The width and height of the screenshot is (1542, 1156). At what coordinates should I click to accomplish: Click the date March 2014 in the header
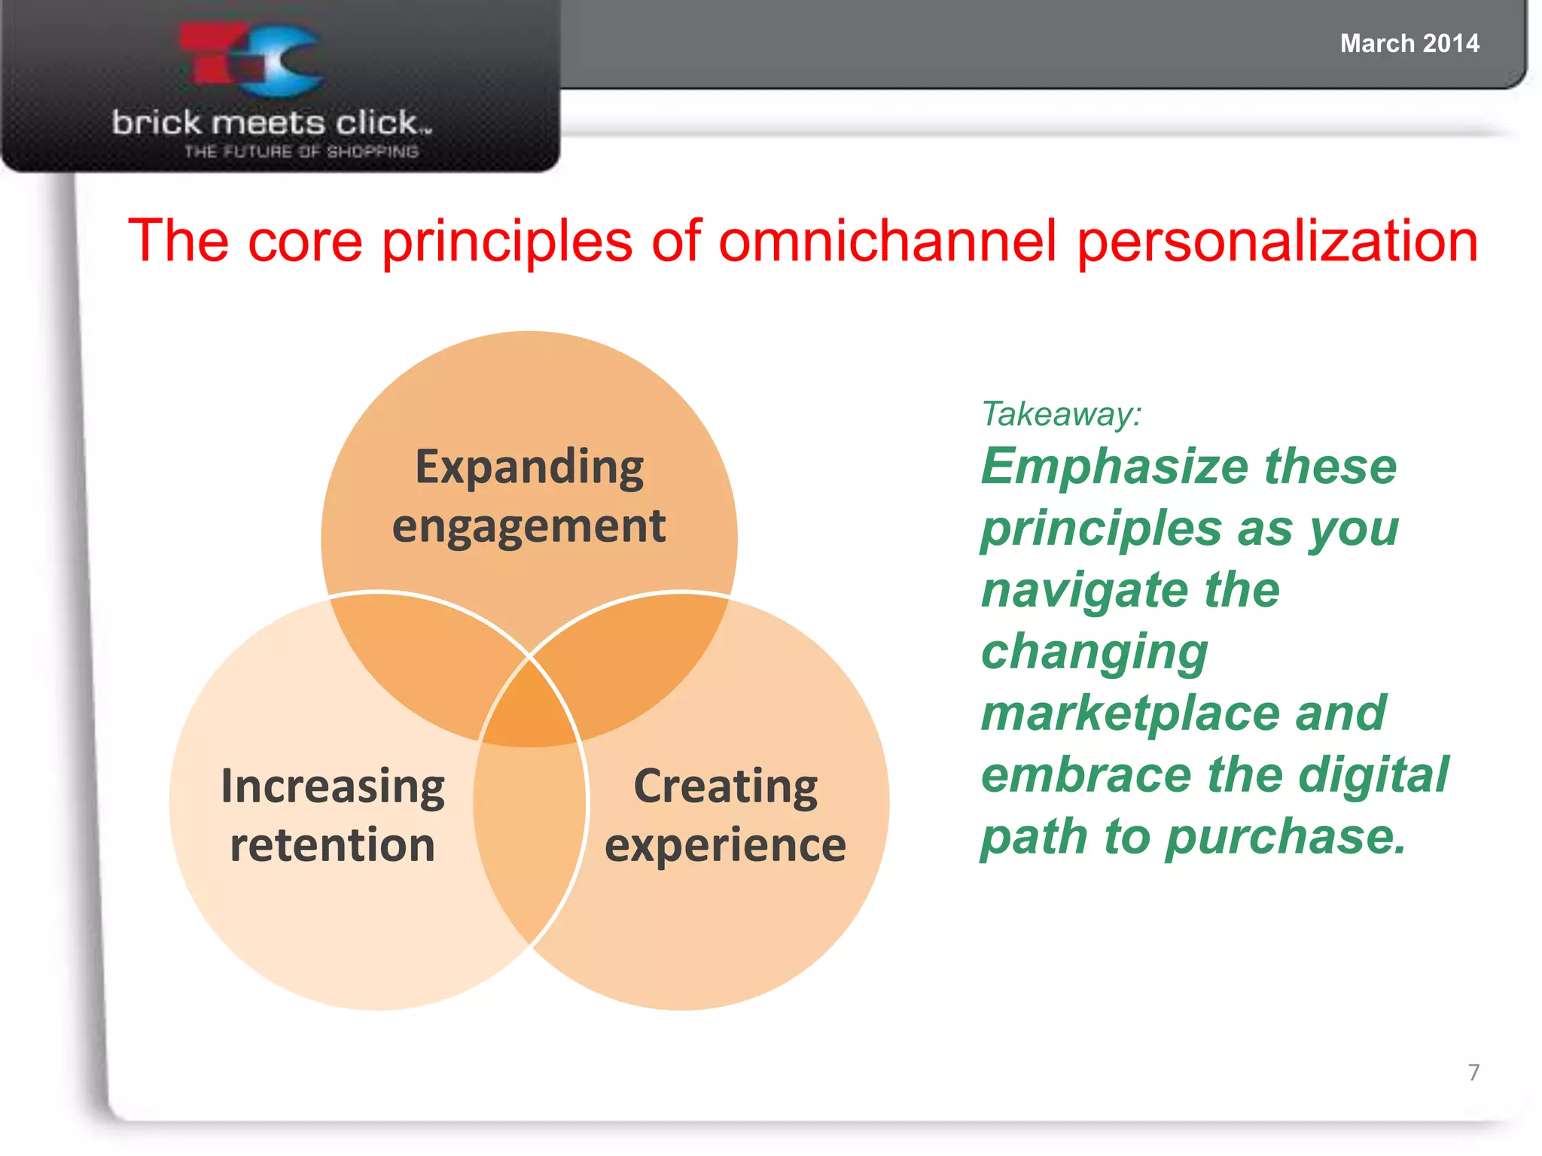[1409, 44]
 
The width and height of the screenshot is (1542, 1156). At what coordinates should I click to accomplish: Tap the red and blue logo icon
[252, 60]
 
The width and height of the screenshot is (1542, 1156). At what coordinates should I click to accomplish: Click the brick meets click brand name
[271, 123]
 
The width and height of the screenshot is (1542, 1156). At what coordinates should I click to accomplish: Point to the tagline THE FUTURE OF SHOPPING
[301, 152]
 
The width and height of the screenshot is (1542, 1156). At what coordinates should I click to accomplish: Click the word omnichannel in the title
[888, 241]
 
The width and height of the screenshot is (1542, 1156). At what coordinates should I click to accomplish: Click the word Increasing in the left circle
[333, 787]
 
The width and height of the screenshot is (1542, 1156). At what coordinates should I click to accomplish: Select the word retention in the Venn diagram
[333, 844]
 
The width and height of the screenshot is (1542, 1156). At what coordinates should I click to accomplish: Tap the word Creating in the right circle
[725, 787]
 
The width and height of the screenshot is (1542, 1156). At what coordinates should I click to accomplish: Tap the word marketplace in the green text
[1129, 713]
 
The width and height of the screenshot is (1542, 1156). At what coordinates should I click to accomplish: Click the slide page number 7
[1473, 1072]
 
